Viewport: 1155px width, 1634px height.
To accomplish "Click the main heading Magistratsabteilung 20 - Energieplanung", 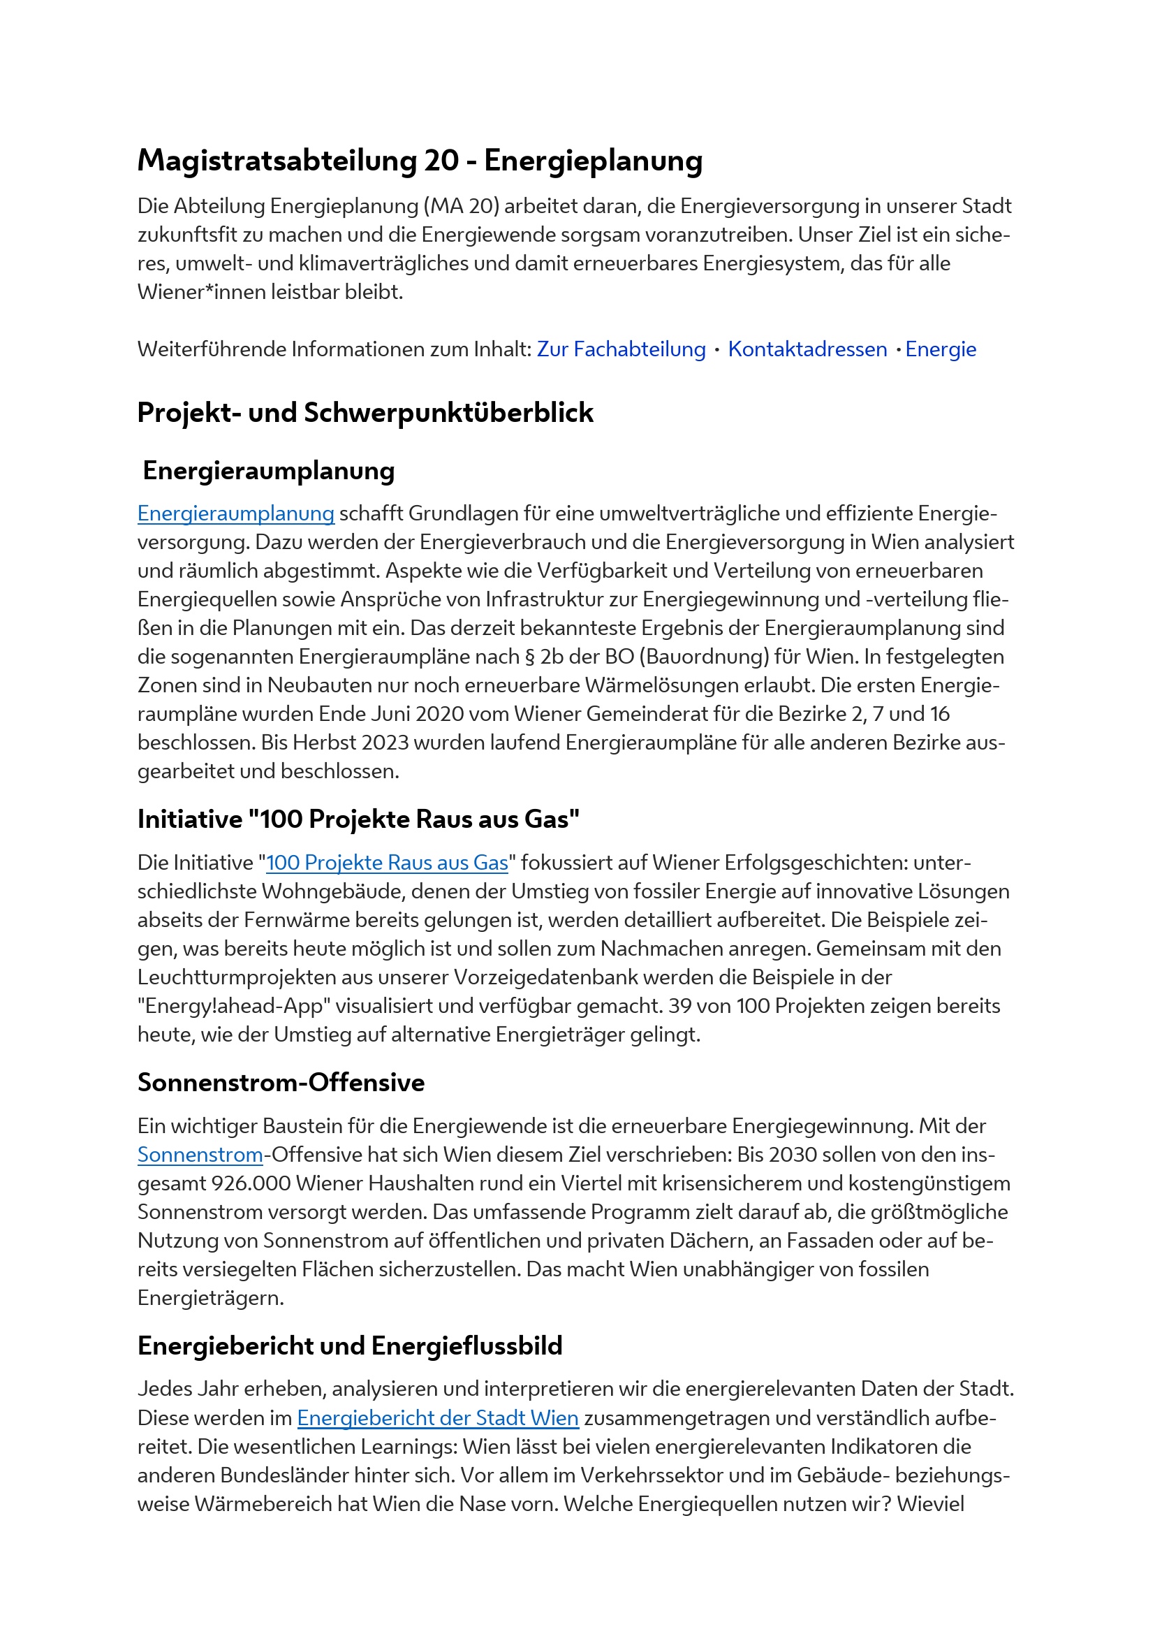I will coord(420,161).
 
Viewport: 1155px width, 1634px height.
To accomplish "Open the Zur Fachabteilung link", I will coord(621,349).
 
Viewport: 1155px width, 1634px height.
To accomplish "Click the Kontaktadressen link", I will coord(807,349).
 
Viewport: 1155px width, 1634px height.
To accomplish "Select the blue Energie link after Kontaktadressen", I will coord(940,349).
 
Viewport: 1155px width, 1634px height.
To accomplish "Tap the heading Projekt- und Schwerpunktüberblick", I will coord(365,413).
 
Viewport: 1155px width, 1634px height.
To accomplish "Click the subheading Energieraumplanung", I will coord(268,471).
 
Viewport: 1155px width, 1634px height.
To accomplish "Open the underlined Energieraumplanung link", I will coord(235,513).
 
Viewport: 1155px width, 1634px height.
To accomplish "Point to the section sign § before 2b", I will coord(529,656).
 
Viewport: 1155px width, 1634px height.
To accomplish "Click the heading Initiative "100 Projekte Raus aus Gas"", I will coord(358,819).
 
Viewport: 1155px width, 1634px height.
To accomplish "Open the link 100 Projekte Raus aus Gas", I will coord(387,863).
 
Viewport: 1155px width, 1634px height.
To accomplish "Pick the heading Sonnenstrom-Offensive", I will coord(281,1082).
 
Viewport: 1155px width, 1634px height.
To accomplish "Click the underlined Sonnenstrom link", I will coord(200,1154).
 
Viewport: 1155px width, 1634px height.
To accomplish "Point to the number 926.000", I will coord(251,1183).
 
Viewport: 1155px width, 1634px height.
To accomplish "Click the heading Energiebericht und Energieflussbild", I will coord(350,1345).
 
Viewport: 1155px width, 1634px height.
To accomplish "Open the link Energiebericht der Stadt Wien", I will coord(437,1417).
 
